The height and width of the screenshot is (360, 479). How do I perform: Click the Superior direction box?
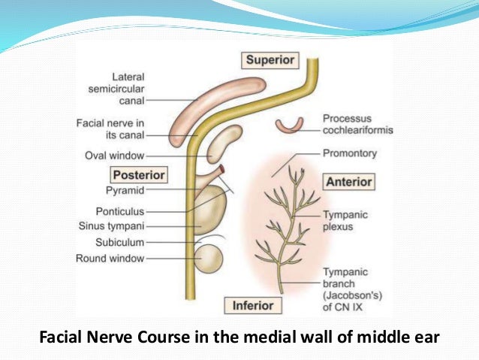271,59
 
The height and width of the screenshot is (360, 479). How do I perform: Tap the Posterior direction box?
138,174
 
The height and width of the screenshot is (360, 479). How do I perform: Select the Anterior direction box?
348,182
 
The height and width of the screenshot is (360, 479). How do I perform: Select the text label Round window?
110,259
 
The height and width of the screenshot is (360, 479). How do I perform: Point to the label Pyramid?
125,191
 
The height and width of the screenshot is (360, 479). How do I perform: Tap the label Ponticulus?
120,211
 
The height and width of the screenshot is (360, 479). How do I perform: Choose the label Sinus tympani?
112,225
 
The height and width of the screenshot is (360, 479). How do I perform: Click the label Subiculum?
120,242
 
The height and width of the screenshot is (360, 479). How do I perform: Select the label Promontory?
350,153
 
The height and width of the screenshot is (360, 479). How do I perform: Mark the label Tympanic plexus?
345,219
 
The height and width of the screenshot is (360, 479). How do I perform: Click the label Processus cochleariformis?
357,124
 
